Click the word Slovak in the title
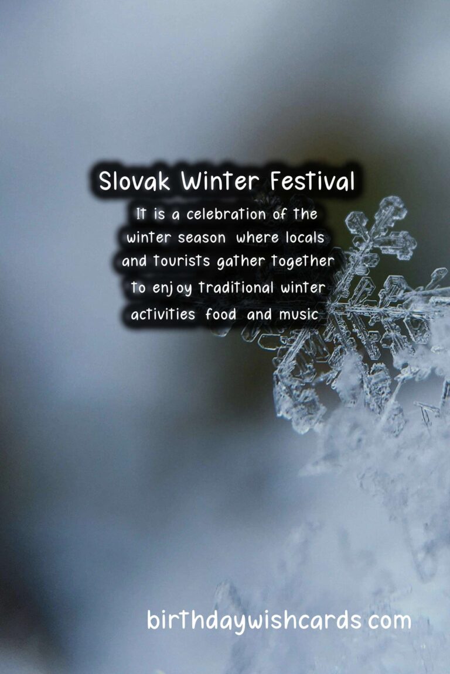coord(134,181)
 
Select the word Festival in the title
coord(312,181)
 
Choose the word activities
coord(163,314)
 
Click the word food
coord(221,314)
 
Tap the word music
coord(298,314)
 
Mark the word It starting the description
coord(141,215)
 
